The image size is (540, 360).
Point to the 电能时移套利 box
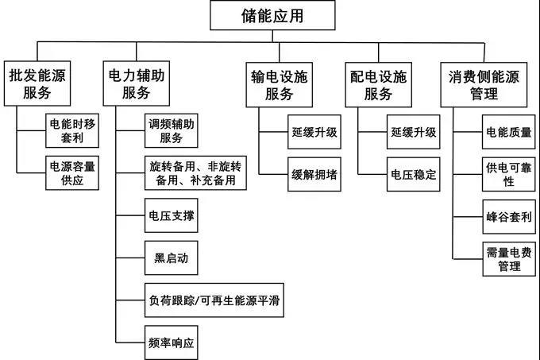(72, 132)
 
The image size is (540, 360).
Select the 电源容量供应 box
(72, 174)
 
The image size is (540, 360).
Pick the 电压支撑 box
(168, 216)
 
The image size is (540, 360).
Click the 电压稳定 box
(412, 174)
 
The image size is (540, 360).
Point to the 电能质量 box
(508, 132)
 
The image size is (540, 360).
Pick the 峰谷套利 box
(508, 216)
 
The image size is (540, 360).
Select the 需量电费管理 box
(508, 258)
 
